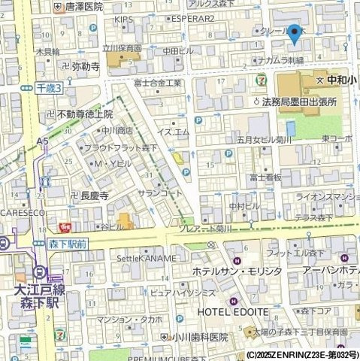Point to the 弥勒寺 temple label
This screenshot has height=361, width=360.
pos(86,66)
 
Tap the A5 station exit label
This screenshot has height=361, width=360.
pos(42,140)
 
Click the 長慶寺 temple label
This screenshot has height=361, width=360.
pos(95,196)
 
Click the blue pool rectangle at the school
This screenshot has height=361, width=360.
pos(291,129)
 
